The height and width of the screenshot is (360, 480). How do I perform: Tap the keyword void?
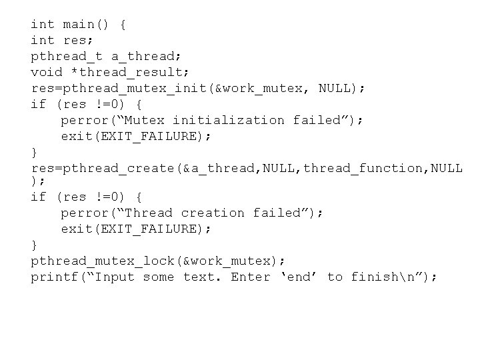pyautogui.click(x=47, y=72)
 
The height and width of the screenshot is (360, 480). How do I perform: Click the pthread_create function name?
pyautogui.click(x=118, y=168)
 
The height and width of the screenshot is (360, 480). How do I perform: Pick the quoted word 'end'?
pyautogui.click(x=299, y=277)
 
